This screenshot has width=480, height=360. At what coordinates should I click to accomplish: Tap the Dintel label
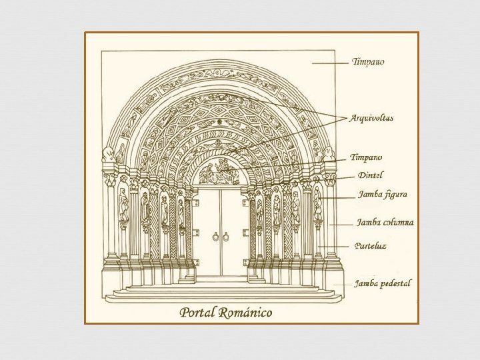point(371,175)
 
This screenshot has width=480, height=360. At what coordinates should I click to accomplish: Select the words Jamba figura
point(383,195)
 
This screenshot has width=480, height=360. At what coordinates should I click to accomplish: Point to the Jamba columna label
point(385,223)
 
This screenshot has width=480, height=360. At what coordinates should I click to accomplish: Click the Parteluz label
point(371,245)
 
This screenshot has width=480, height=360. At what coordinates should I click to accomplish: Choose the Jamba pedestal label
point(383,283)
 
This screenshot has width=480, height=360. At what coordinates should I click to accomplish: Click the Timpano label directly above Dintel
point(367,158)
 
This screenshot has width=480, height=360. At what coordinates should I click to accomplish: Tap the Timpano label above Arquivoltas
point(368,62)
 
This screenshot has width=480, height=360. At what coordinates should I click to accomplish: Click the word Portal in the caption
point(199,312)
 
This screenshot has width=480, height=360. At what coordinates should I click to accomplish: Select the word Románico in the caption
point(246,312)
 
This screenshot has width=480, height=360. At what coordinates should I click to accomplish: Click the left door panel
point(209,230)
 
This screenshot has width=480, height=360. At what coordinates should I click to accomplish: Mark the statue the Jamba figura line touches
point(318,203)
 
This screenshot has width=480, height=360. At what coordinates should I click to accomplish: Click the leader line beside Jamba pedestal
point(342,283)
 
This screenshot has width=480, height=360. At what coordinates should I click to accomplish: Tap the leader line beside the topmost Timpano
point(329,63)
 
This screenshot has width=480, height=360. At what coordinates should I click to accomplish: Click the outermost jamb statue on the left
point(123,205)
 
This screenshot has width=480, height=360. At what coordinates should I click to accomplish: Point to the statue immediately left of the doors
point(181,212)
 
